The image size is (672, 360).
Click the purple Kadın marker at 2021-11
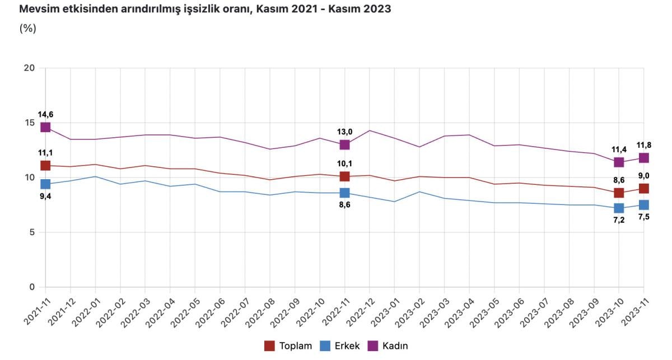[45, 127]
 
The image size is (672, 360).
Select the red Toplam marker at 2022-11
[344, 176]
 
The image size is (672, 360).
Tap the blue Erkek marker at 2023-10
[619, 208]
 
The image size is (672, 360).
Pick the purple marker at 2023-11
[644, 158]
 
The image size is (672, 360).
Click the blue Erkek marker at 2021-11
[45, 184]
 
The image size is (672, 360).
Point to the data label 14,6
[45, 115]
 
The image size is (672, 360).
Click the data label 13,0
[344, 132]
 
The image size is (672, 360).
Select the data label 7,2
[619, 221]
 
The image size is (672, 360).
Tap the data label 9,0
[644, 176]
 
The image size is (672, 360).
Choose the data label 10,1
[344, 163]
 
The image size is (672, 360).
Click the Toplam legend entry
[288, 346]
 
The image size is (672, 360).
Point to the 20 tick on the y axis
[29, 68]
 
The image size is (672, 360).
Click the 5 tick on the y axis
[32, 232]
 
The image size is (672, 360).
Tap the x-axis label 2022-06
[209, 311]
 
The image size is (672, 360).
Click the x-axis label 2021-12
[60, 311]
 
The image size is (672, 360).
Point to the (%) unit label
[27, 29]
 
